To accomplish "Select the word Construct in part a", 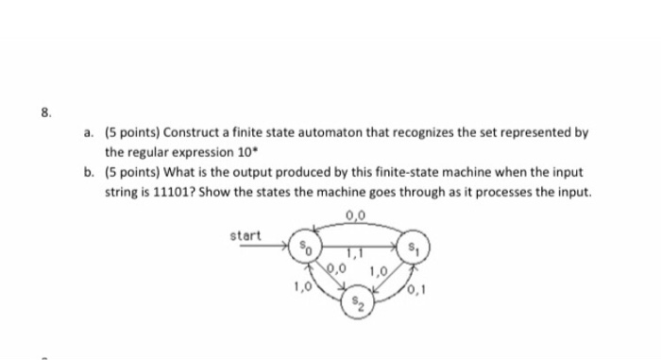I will (x=194, y=134).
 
